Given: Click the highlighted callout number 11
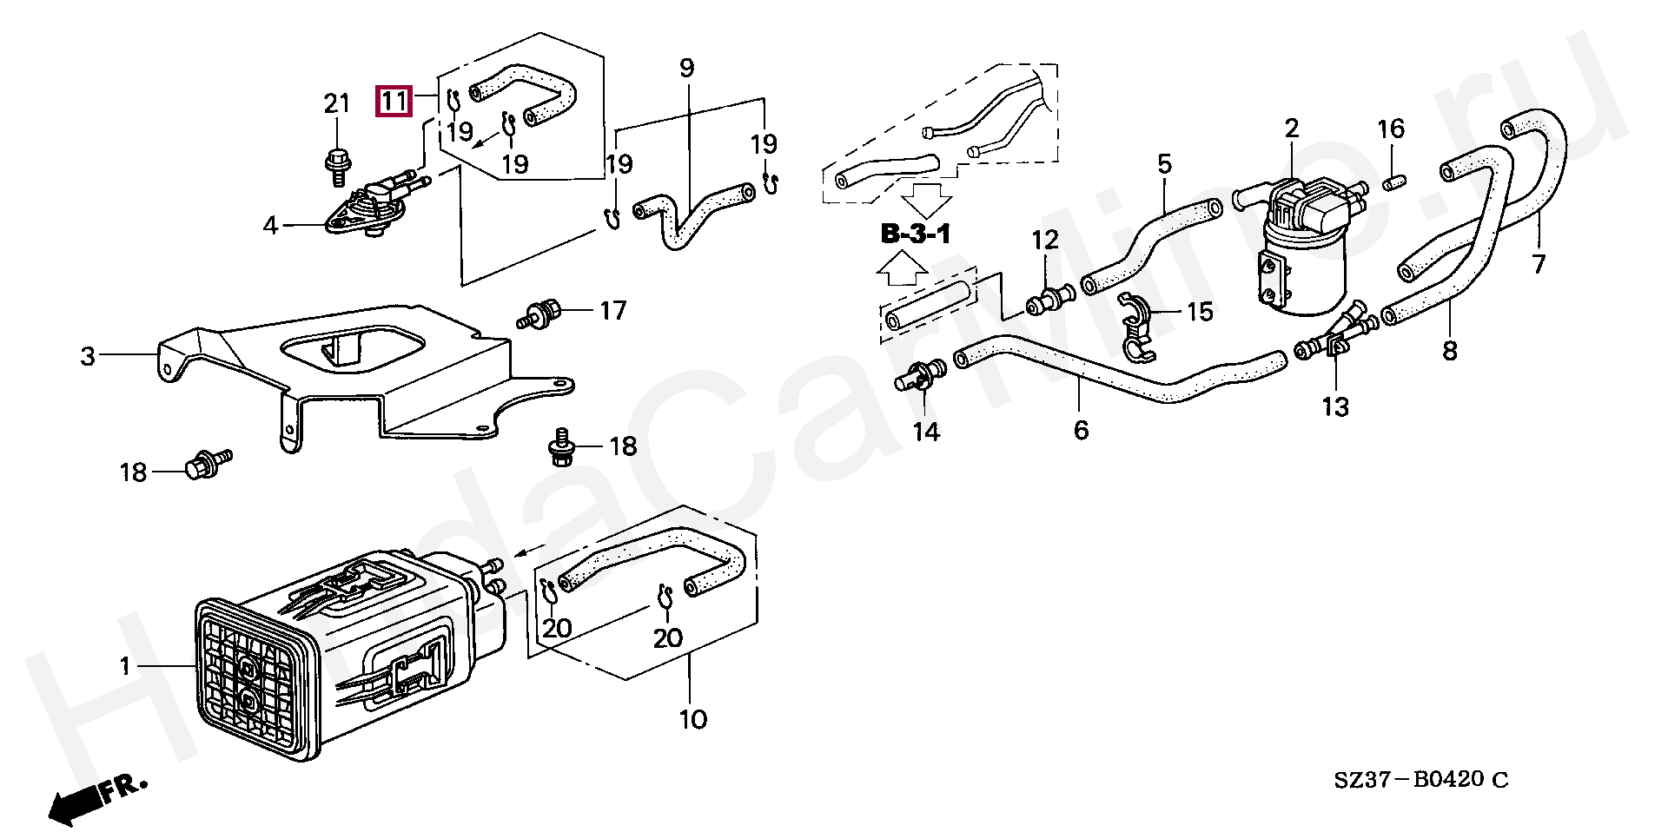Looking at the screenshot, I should pyautogui.click(x=394, y=102).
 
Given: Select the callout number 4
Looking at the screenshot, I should pyautogui.click(x=270, y=226).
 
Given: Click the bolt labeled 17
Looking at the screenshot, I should pyautogui.click(x=542, y=312).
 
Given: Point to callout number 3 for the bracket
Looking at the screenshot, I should pyautogui.click(x=88, y=356).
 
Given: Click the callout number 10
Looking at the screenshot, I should pyautogui.click(x=692, y=719).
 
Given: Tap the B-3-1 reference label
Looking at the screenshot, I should pyautogui.click(x=916, y=234).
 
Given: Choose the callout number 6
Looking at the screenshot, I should pyautogui.click(x=1081, y=430).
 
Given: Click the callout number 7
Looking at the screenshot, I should pyautogui.click(x=1539, y=262).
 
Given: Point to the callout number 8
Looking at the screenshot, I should pyautogui.click(x=1449, y=351).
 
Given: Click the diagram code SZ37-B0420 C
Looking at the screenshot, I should pyautogui.click(x=1421, y=780).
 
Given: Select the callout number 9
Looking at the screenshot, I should pyautogui.click(x=686, y=68).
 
